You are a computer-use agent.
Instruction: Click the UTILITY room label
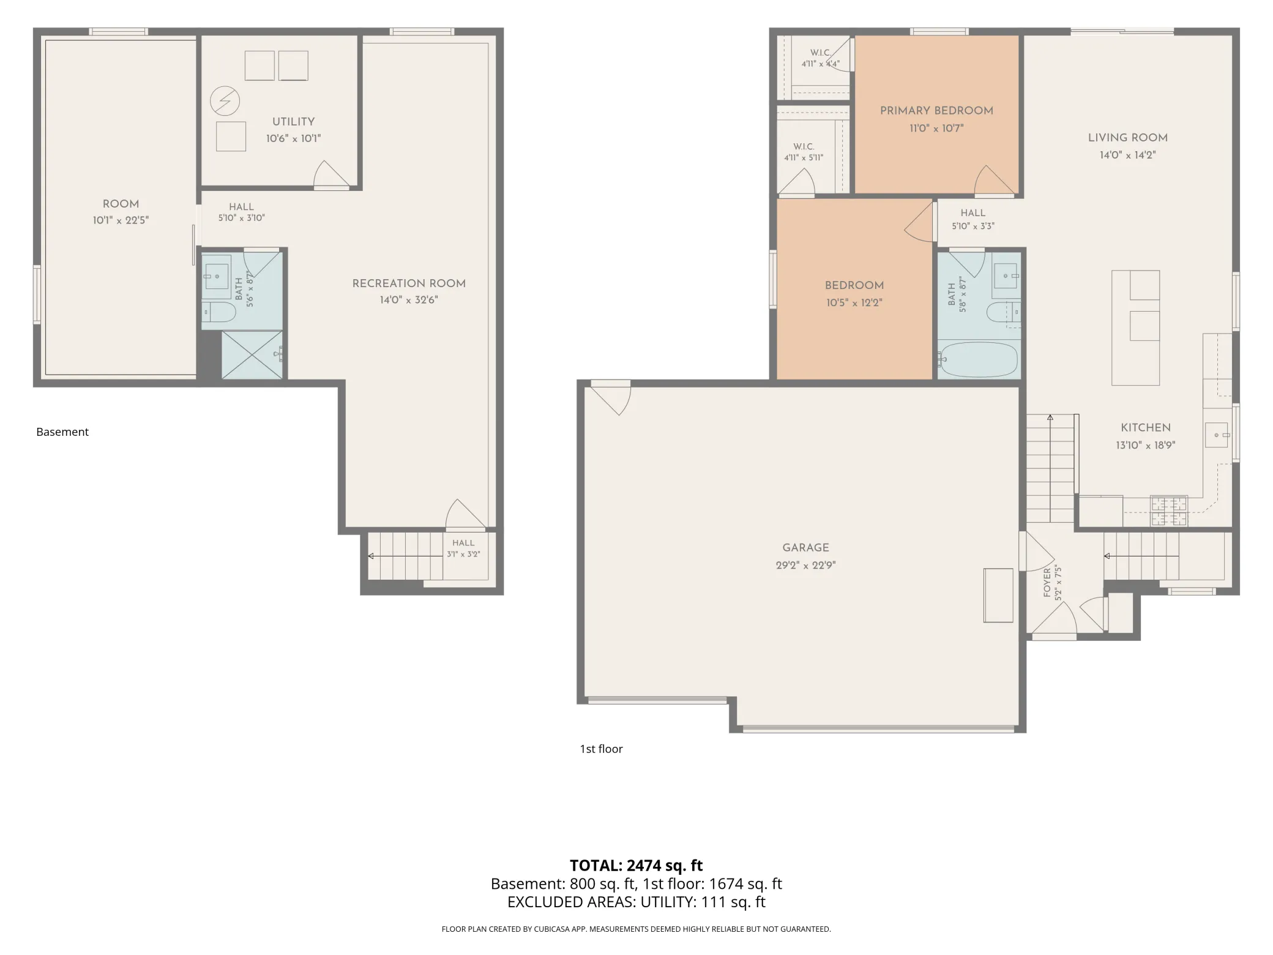pos(293,122)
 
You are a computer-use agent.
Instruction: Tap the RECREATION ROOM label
pos(409,283)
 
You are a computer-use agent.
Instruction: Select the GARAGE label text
pos(805,548)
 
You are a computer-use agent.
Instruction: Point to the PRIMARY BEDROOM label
pos(936,111)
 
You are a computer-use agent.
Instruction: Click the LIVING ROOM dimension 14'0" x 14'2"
pos(1127,155)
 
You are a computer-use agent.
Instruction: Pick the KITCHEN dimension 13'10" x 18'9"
pos(1146,446)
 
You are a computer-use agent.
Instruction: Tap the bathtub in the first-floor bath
pos(979,359)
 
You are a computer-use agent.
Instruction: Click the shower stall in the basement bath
pos(252,355)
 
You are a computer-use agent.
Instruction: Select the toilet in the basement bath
pos(218,312)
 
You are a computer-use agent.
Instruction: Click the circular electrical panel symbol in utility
pos(225,101)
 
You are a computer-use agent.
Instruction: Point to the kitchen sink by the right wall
pos(1217,435)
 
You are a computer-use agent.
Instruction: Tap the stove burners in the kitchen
pos(1169,511)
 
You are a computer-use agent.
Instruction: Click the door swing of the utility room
pos(332,174)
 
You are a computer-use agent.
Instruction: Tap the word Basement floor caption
pos(62,432)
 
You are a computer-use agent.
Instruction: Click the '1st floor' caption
pos(601,749)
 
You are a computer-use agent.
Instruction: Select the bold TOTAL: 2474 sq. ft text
pos(636,866)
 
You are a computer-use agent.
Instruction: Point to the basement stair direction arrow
pos(405,556)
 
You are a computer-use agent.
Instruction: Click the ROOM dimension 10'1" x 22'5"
pos(121,220)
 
